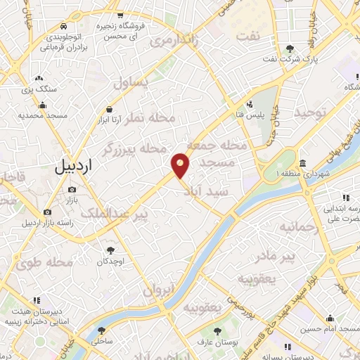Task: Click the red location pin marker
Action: pos(181,165)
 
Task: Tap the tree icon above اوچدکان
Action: pos(110,250)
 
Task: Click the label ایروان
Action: pos(159,289)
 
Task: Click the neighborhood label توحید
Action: pos(311,112)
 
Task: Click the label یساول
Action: pos(131,83)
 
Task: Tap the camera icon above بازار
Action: pos(72,190)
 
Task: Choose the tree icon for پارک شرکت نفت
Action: pos(290,49)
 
